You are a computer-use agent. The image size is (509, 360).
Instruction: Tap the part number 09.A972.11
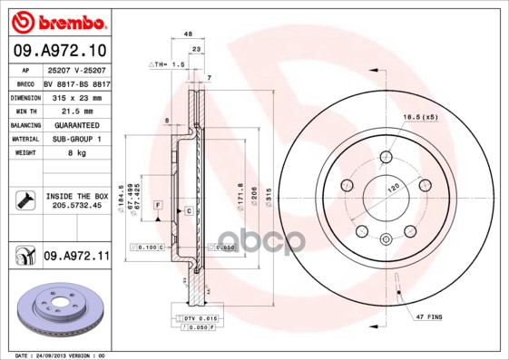point(76,258)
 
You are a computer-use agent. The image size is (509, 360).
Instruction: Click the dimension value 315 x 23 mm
point(75,96)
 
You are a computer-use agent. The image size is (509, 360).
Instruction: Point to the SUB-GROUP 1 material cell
point(75,139)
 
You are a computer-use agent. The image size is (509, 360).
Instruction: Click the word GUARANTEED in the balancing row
point(75,124)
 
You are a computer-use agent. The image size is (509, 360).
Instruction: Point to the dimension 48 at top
point(188,34)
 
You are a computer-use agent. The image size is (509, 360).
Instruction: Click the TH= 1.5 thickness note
point(166,66)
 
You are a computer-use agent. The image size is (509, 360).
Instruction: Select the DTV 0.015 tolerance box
point(194,319)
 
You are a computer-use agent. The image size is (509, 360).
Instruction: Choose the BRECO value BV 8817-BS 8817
point(75,82)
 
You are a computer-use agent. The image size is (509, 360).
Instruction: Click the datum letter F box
point(157,206)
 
